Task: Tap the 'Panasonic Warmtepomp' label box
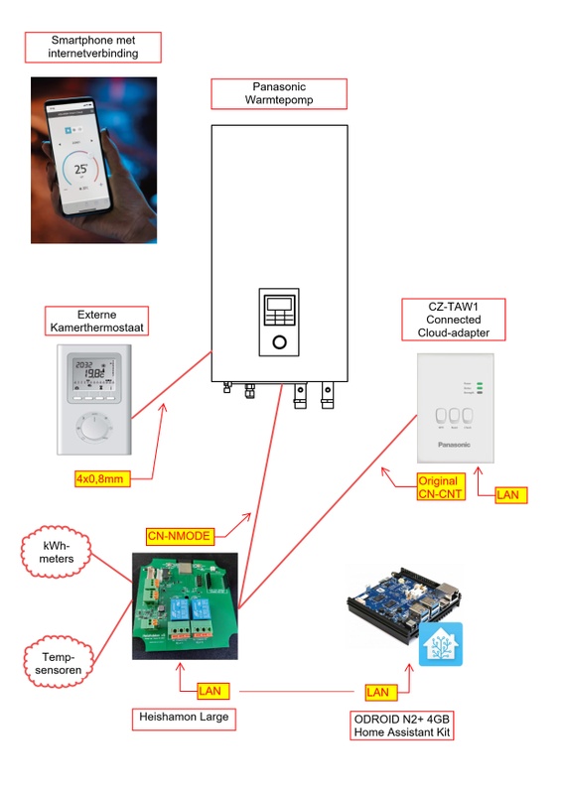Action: pyautogui.click(x=279, y=94)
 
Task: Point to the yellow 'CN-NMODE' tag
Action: pyautogui.click(x=179, y=535)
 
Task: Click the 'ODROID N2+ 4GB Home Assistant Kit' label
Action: pyautogui.click(x=401, y=726)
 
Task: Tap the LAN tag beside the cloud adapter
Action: pyautogui.click(x=510, y=493)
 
